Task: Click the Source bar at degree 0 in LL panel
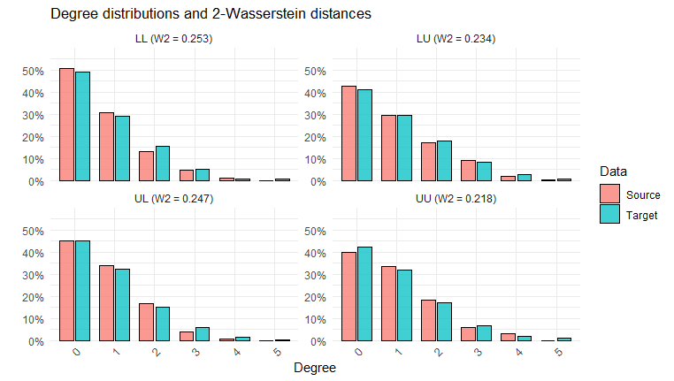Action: tap(66, 125)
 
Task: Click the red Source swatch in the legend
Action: tap(609, 194)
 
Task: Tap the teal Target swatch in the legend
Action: tap(609, 215)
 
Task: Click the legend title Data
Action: tap(614, 171)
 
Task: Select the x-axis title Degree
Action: tap(314, 368)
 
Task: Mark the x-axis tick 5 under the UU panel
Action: tap(557, 352)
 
